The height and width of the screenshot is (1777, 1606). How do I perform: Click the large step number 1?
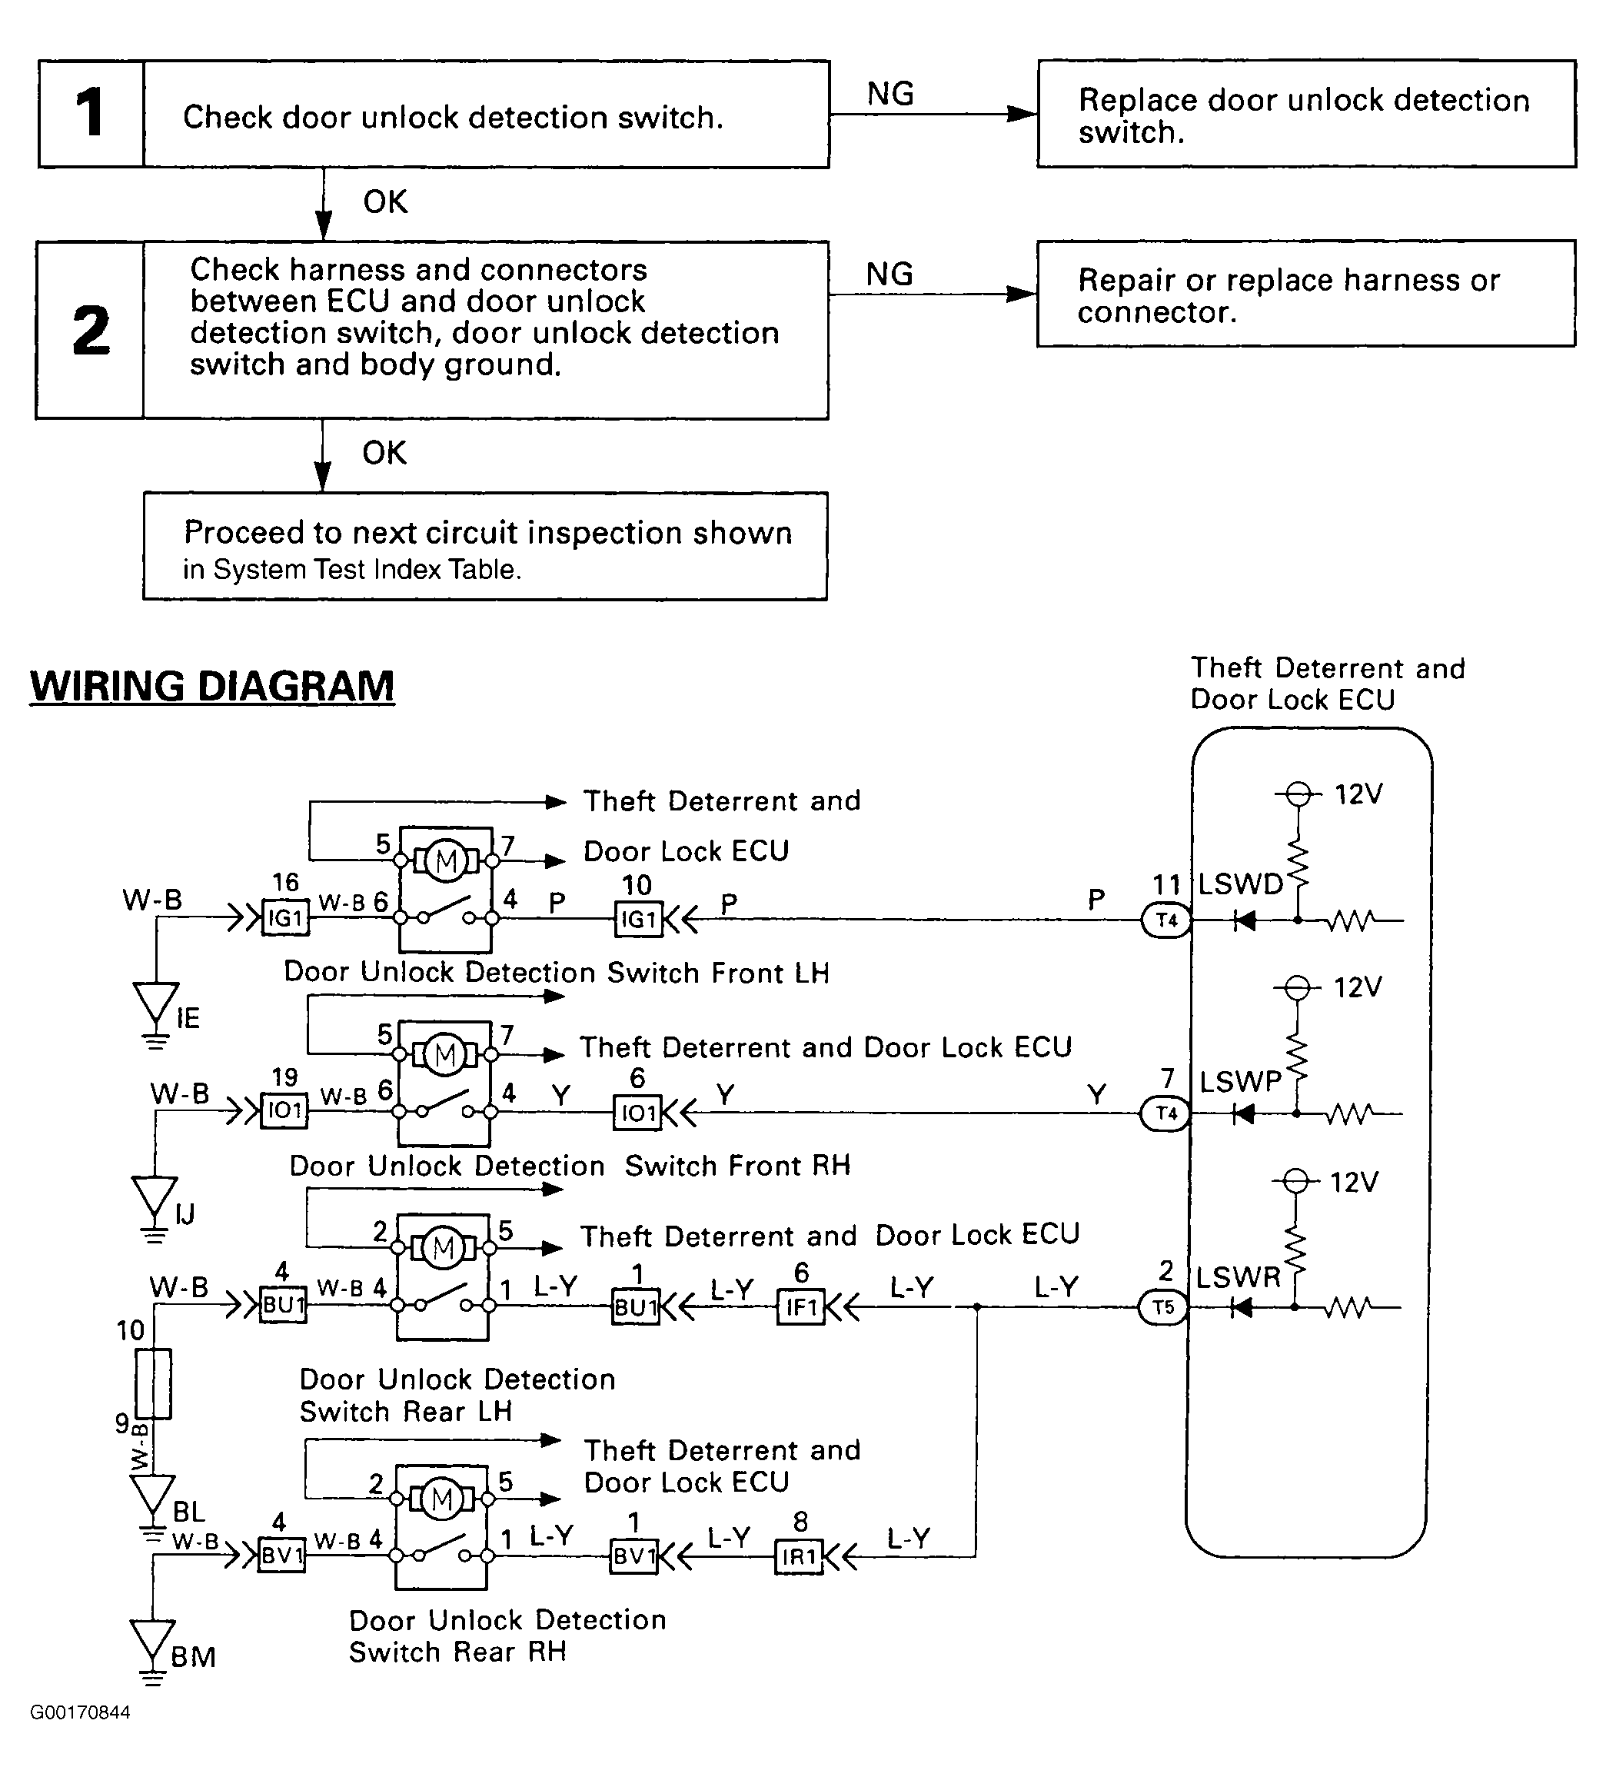90,113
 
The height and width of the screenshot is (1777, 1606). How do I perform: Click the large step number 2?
91,331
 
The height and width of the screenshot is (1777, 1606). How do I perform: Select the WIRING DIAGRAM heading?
212,686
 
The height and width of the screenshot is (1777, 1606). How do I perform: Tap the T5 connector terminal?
1163,1307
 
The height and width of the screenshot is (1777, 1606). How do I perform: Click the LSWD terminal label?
1239,884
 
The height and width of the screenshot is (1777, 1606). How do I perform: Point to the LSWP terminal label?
1240,1082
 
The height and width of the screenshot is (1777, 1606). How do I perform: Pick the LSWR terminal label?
1238,1277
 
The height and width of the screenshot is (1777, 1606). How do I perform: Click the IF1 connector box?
800,1307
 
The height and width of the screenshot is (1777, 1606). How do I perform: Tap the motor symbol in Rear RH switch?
441,1499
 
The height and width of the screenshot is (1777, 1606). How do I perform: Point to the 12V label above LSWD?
1358,795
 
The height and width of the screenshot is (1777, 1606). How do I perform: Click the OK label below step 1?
385,203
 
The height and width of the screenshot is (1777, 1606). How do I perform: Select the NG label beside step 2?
889,275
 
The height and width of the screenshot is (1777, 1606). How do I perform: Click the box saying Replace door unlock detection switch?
1306,114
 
